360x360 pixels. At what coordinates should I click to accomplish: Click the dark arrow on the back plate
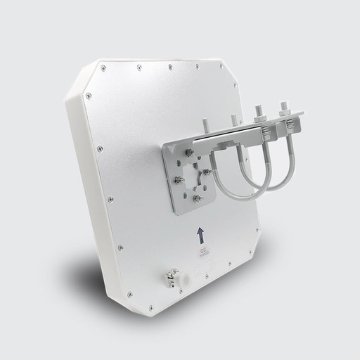click(x=200, y=233)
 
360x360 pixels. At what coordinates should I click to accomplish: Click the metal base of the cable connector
click(x=169, y=274)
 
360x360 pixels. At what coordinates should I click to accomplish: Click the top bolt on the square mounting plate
click(x=188, y=152)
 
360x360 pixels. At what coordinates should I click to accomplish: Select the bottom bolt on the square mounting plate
click(x=197, y=199)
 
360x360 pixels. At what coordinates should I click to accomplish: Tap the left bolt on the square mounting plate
click(x=179, y=180)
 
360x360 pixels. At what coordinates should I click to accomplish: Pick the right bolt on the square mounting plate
click(x=207, y=171)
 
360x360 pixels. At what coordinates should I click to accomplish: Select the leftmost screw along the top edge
click(x=103, y=67)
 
